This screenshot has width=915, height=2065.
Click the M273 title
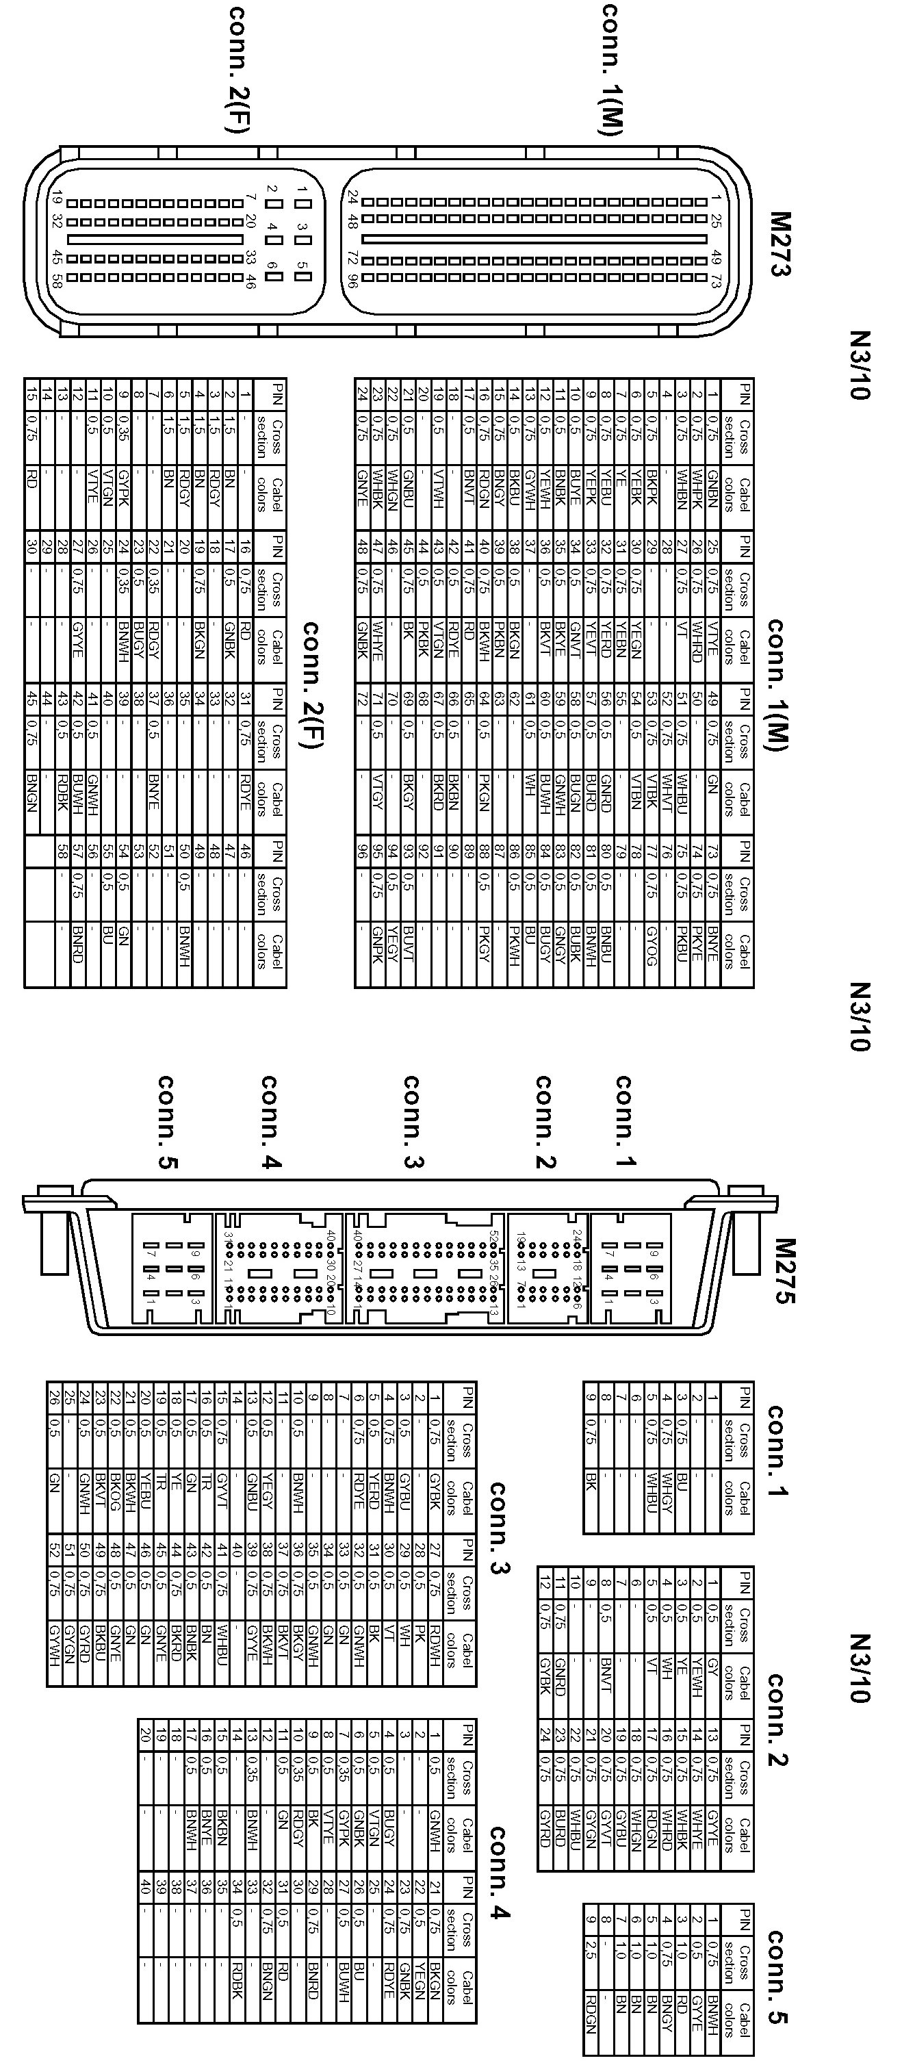click(x=780, y=244)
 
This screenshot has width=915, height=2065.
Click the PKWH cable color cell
click(x=513, y=946)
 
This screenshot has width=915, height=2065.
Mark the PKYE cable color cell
click(x=697, y=946)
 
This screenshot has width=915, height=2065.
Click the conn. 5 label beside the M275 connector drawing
click(x=168, y=1123)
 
